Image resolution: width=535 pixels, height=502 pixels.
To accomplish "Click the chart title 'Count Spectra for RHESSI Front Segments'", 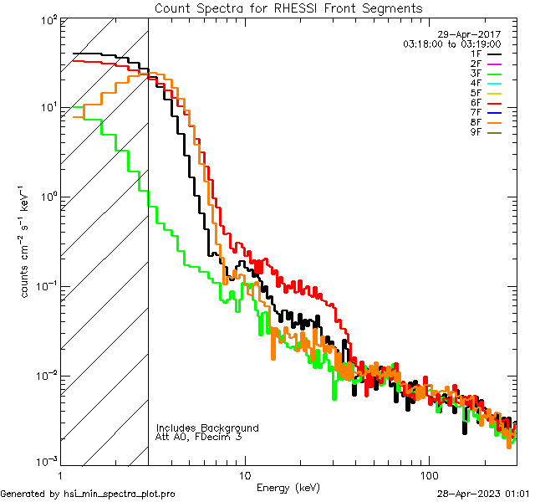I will click(x=288, y=8).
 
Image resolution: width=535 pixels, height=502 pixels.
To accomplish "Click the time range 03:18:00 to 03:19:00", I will click(x=451, y=44).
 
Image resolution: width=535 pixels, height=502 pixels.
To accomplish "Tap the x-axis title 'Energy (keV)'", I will click(x=288, y=487).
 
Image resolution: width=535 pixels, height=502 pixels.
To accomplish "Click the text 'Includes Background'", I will click(x=207, y=428).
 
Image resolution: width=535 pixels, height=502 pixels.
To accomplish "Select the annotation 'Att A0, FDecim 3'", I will click(x=199, y=437).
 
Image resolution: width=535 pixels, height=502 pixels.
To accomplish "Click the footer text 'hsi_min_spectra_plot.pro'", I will click(x=120, y=494).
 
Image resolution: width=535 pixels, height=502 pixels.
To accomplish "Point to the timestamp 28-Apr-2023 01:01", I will click(x=481, y=494).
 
